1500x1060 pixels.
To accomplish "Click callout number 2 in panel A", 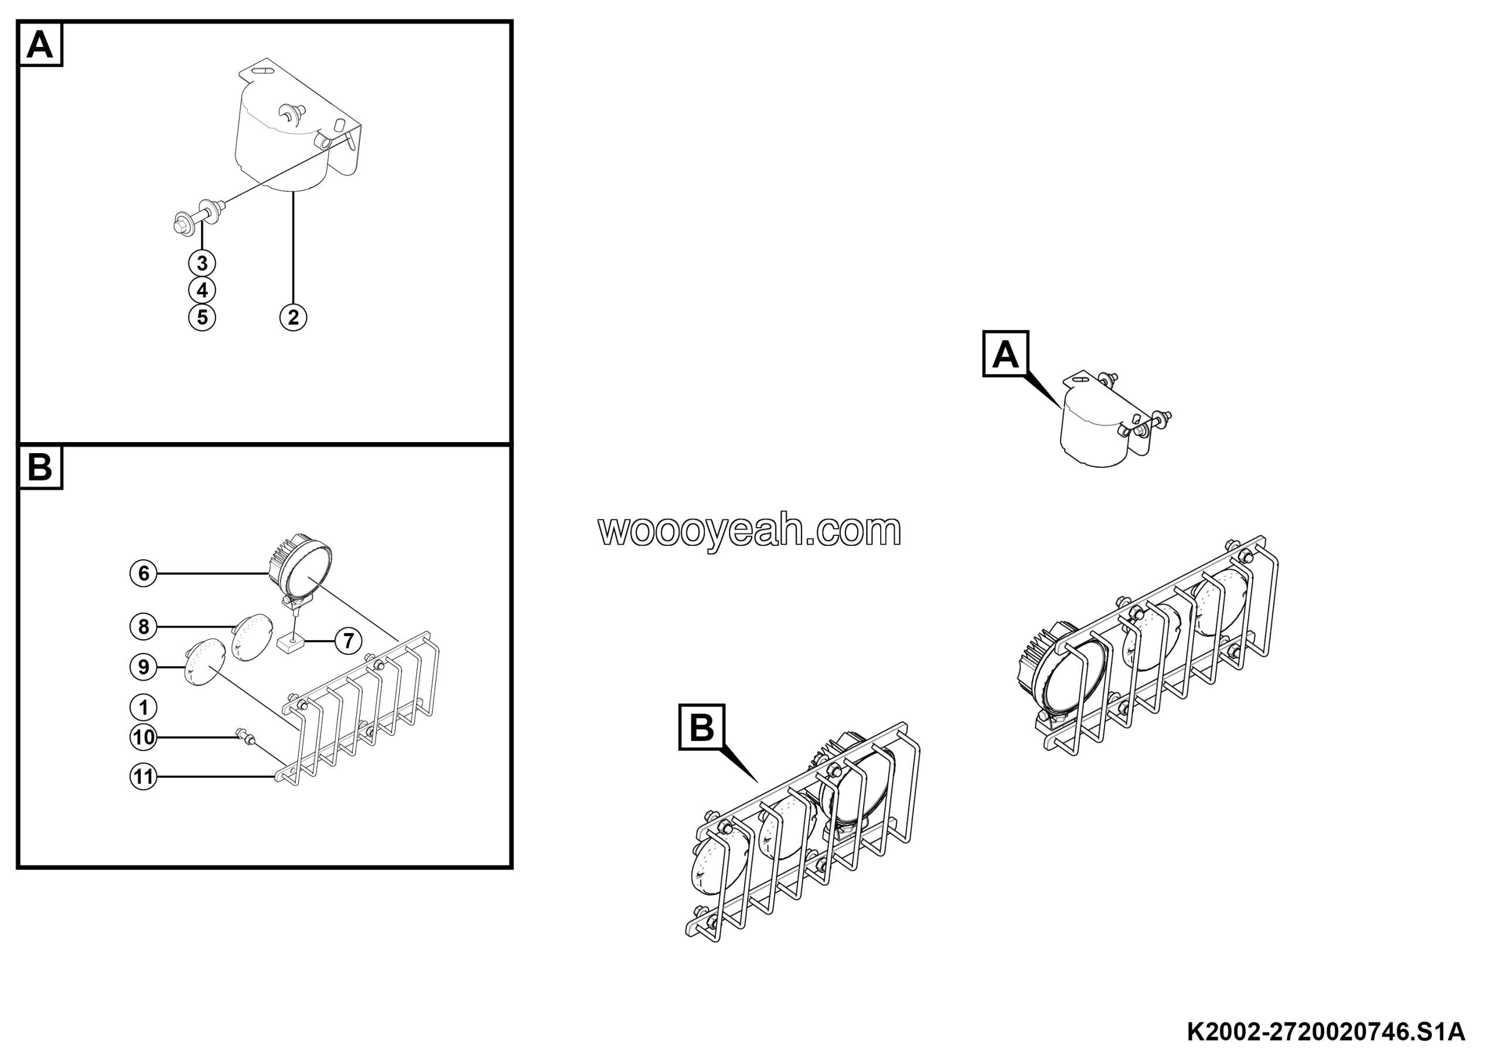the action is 293,317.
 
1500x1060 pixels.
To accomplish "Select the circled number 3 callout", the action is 202,263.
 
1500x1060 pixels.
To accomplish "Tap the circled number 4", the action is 202,290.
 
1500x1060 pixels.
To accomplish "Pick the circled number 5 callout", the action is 202,317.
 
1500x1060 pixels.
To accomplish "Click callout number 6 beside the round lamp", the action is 144,573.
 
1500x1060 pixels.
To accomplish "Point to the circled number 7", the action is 348,640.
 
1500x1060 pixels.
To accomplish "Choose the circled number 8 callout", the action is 144,627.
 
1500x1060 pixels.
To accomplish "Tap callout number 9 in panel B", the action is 144,667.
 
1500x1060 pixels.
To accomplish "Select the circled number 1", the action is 144,707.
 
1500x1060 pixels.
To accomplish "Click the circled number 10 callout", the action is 144,737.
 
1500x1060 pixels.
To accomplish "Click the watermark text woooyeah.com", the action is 749,531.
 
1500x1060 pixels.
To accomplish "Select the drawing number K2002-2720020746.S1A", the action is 1325,1032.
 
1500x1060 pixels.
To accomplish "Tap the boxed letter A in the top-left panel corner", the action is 40,45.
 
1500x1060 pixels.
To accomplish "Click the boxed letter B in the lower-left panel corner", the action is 40,467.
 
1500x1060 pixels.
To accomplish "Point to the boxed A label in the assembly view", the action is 1005,354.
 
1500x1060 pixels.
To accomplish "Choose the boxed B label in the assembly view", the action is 701,727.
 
